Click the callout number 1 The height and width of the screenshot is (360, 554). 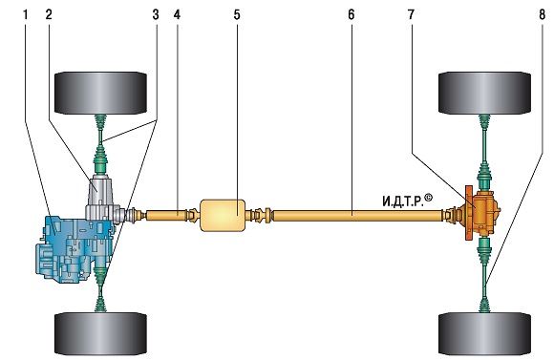[25, 15]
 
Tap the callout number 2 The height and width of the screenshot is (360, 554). [49, 15]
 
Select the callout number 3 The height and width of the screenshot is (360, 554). [156, 15]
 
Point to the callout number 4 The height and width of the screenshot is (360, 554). [177, 15]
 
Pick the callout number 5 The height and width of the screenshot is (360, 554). [236, 15]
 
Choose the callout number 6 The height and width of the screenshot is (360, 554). [351, 15]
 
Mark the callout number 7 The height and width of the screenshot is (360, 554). [411, 15]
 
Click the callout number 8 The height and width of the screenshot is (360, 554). [543, 15]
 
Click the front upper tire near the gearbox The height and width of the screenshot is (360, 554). [100, 94]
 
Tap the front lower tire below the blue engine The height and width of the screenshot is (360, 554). [100, 334]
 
